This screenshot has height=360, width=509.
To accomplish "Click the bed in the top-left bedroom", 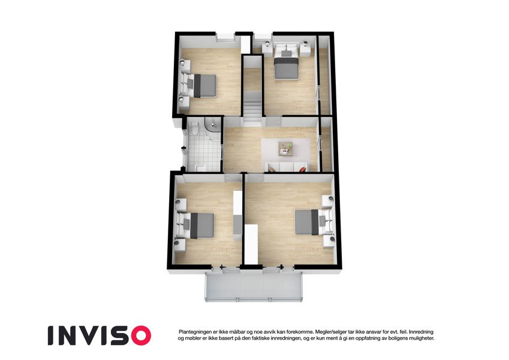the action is point(199,85).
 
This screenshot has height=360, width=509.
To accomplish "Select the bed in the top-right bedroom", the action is point(287,63).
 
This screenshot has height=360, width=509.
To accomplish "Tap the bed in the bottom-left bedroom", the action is point(195,225).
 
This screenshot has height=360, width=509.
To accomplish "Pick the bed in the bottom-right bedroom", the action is point(312,222).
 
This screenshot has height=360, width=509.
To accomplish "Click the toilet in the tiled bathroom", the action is point(194,128).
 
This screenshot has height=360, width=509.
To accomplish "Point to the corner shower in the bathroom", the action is point(212,128).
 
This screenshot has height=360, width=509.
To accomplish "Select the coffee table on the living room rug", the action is point(285,149).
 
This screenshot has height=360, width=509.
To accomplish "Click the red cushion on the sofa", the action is point(302,169).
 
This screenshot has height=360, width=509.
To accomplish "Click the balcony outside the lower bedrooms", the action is point(254,287).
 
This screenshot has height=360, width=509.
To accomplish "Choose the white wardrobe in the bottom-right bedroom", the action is point(251,244).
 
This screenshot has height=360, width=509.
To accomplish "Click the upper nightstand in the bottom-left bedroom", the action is point(181,205).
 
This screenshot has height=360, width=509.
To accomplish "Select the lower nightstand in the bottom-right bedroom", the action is point(329,241).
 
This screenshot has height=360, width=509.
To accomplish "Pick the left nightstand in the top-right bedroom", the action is point(267,49).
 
